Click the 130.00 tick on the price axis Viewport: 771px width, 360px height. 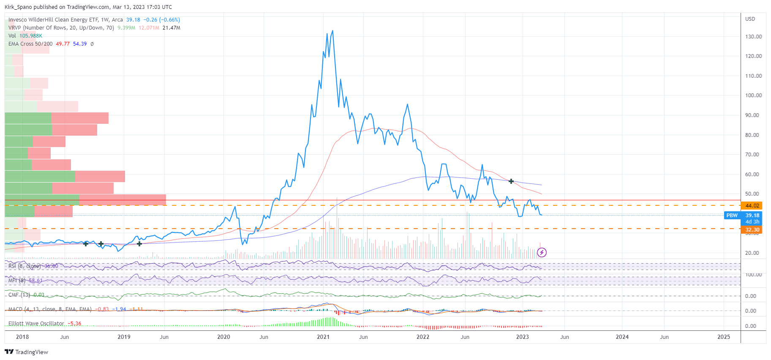753,37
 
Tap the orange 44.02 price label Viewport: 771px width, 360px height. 752,206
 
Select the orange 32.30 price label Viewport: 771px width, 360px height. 752,230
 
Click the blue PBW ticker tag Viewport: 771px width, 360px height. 732,215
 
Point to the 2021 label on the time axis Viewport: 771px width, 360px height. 323,337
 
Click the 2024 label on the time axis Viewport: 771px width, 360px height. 622,337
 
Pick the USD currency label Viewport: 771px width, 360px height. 750,19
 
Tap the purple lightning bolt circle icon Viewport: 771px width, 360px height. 542,253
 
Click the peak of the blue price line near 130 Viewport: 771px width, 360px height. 332,31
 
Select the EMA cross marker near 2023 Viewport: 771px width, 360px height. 511,181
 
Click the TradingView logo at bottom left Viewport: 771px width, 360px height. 26,352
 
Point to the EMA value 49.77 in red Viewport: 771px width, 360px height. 63,44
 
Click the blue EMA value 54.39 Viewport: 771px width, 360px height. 80,44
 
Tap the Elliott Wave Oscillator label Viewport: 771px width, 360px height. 36,324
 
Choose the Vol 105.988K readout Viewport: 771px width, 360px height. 25,36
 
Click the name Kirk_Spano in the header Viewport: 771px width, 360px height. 19,7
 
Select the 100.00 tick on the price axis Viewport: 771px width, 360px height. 753,95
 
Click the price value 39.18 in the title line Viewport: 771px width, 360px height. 133,20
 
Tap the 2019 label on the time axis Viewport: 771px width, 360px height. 124,337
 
